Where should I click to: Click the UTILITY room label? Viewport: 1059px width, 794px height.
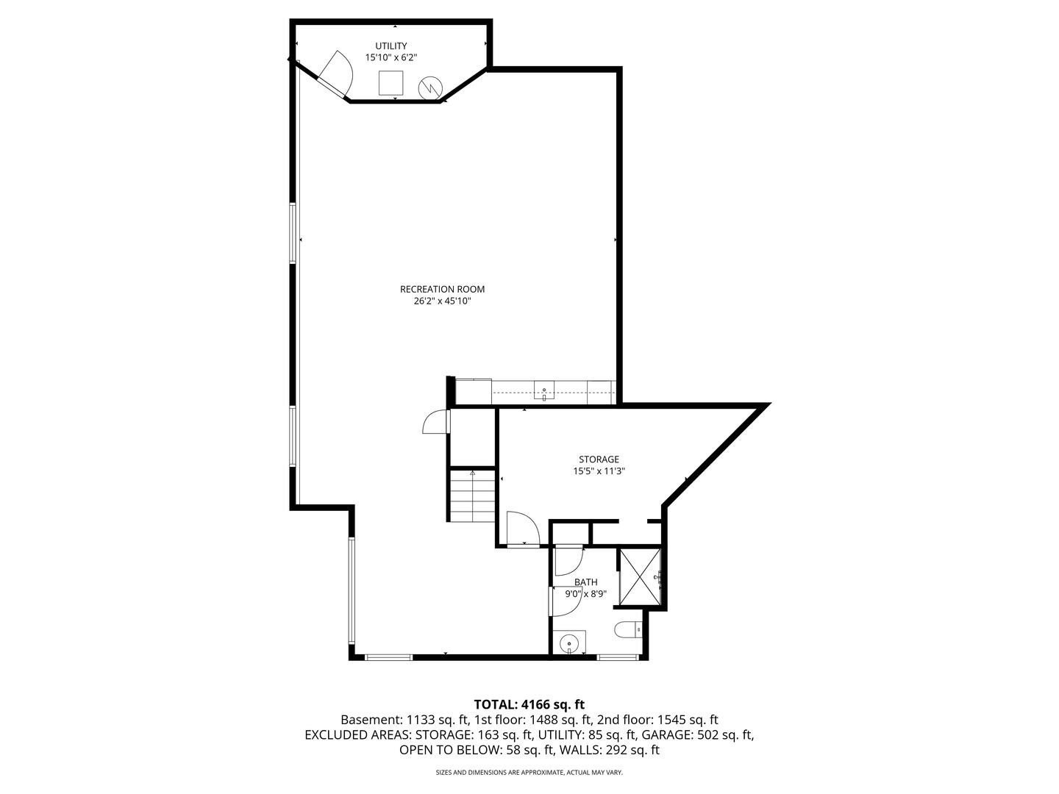point(391,46)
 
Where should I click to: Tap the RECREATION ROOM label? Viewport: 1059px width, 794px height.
point(442,289)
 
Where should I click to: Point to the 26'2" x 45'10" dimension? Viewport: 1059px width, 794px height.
point(442,301)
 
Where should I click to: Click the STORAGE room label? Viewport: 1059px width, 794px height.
point(599,459)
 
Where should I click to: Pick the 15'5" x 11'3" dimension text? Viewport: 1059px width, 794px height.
point(599,471)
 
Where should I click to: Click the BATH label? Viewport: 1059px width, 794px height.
point(585,582)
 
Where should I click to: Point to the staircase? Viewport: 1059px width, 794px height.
point(472,496)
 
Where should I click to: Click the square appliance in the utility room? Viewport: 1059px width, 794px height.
point(391,82)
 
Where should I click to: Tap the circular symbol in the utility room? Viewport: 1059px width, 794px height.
point(429,88)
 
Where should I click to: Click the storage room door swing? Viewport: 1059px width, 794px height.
point(523,528)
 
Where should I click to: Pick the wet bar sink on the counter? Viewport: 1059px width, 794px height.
point(544,390)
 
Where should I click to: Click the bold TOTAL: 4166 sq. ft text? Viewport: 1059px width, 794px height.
point(529,704)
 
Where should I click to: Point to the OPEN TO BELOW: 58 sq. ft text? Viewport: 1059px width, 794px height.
point(477,750)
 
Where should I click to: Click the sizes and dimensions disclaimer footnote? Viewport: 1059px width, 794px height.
point(529,773)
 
